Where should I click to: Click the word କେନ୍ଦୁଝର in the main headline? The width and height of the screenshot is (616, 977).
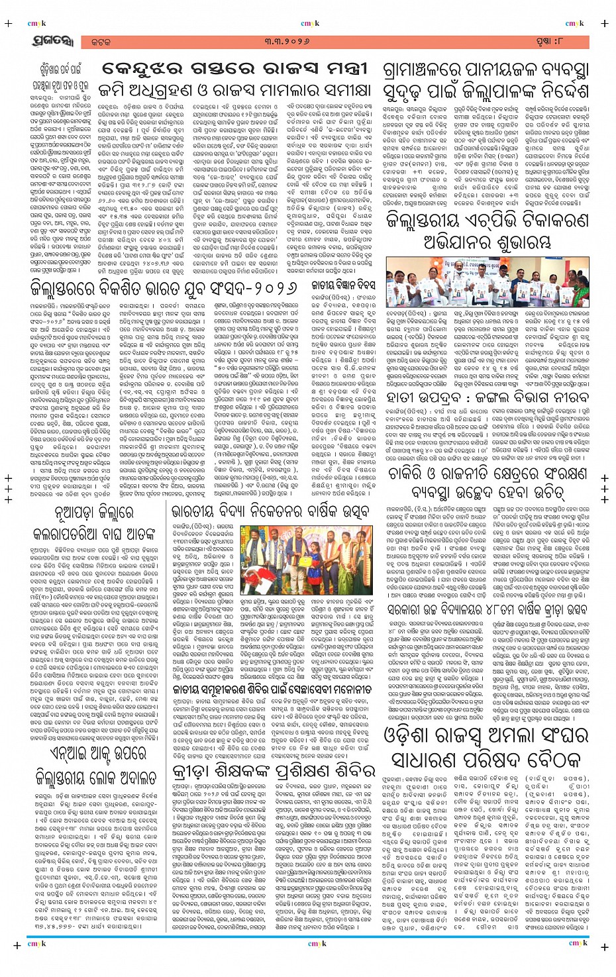pos(150,70)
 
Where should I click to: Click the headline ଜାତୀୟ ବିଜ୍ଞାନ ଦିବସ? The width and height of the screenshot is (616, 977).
pos(343,285)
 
